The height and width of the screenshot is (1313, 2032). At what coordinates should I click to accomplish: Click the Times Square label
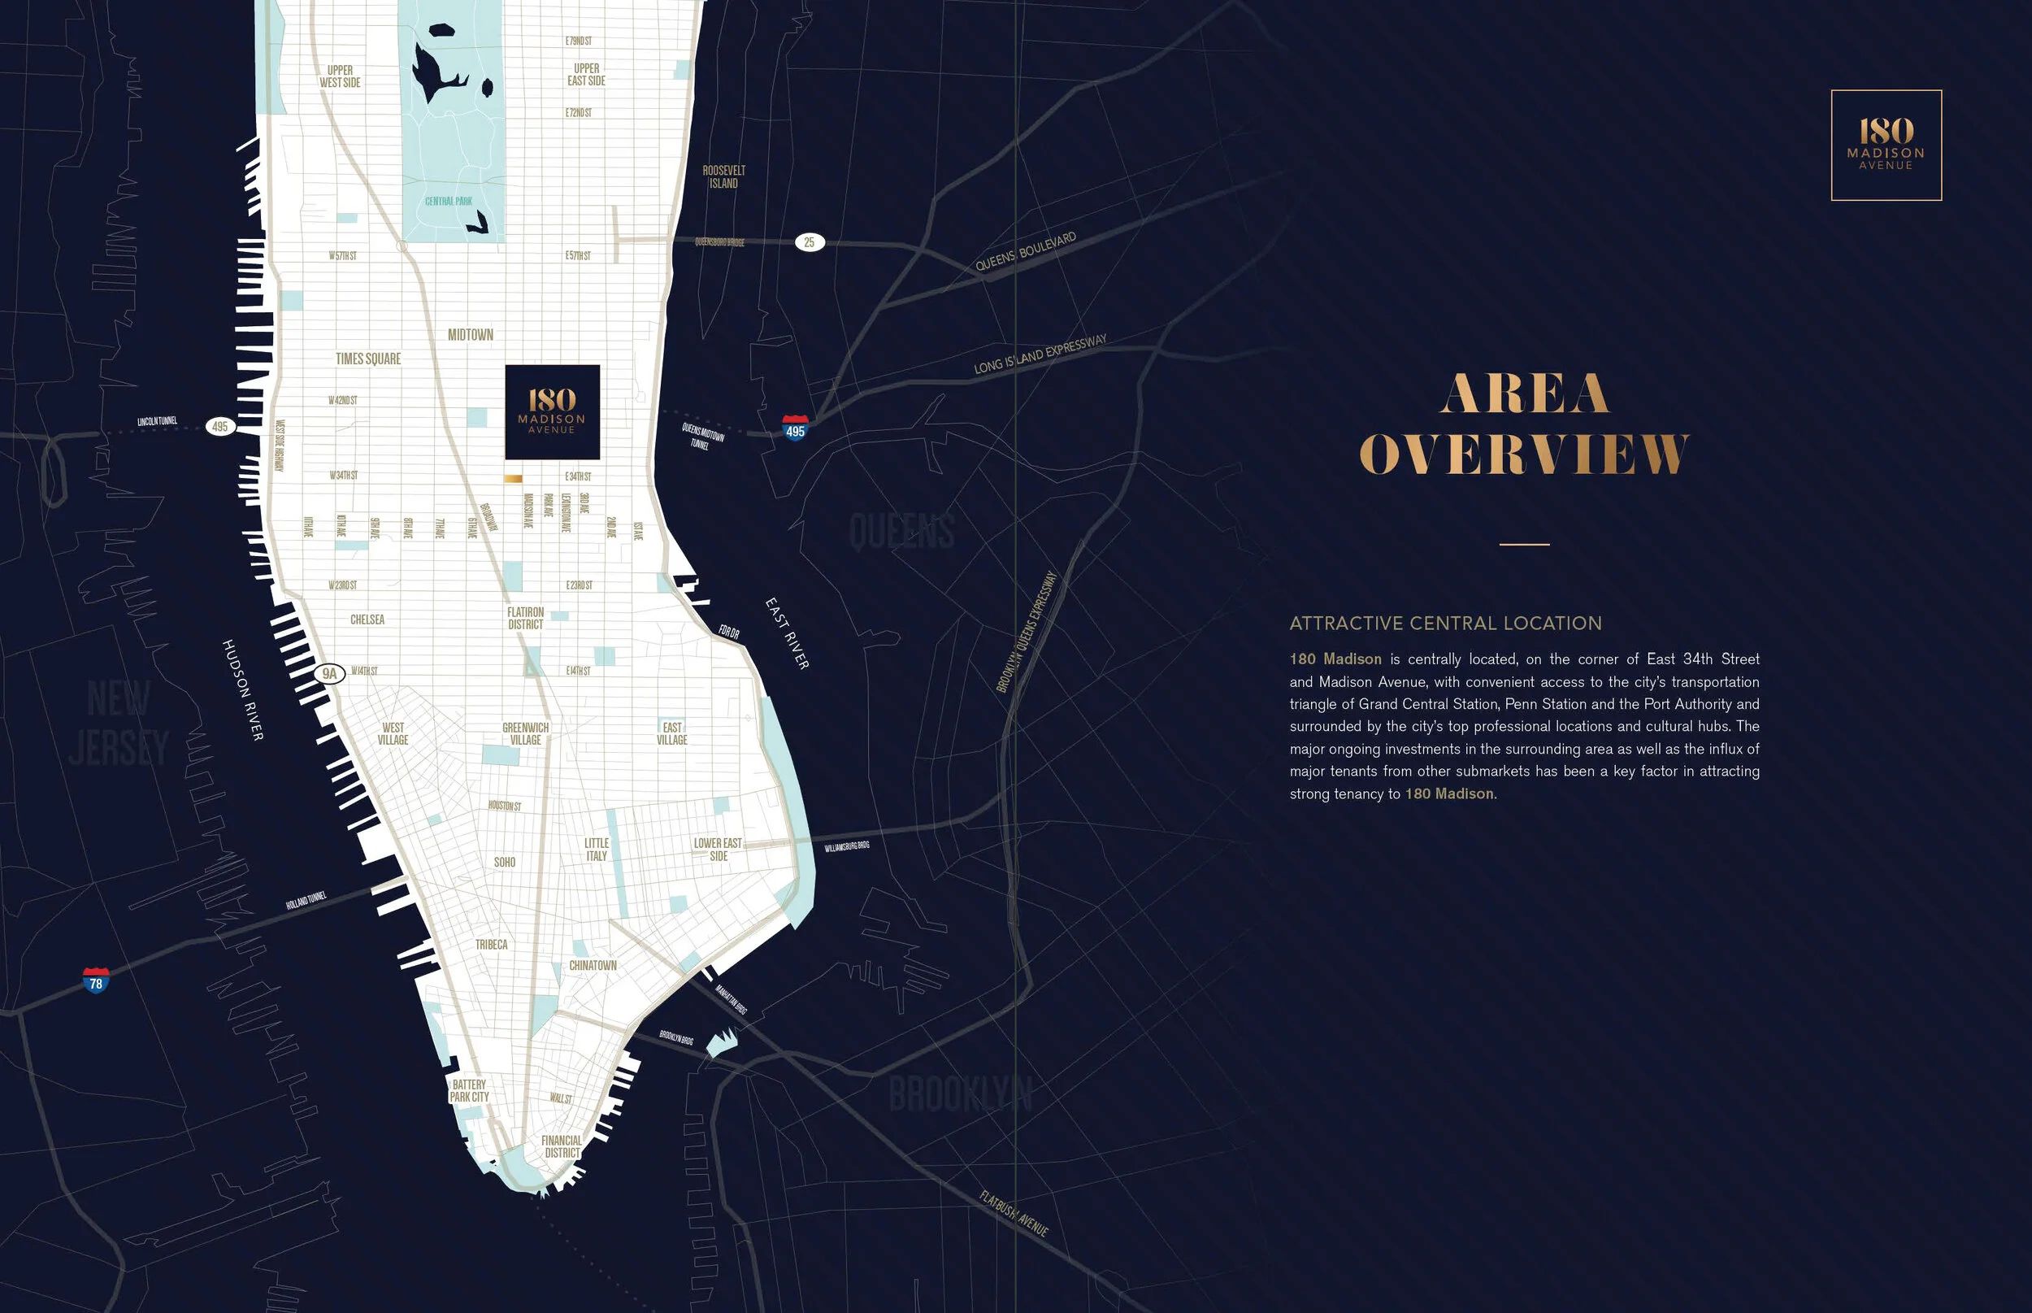pyautogui.click(x=368, y=359)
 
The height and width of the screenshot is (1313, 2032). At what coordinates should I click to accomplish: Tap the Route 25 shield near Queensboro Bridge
pyautogui.click(x=809, y=242)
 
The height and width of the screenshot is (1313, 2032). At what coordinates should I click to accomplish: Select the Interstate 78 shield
pyautogui.click(x=96, y=980)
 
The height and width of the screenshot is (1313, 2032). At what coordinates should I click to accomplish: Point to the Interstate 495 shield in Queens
pyautogui.click(x=795, y=427)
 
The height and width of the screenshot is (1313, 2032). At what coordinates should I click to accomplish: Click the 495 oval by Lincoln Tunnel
pyautogui.click(x=221, y=426)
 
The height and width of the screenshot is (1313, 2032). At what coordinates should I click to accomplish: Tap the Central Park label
pyautogui.click(x=449, y=201)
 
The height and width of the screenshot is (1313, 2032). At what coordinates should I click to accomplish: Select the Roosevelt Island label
pyautogui.click(x=723, y=177)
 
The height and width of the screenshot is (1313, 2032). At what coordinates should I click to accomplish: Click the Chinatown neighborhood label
pyautogui.click(x=593, y=965)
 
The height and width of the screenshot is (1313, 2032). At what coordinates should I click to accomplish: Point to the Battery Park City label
pyautogui.click(x=469, y=1091)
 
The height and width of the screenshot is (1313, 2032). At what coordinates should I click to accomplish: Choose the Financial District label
pyautogui.click(x=562, y=1147)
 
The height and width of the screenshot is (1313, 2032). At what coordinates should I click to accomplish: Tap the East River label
pyautogui.click(x=787, y=633)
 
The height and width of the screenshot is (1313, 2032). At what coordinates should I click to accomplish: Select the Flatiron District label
pyautogui.click(x=525, y=618)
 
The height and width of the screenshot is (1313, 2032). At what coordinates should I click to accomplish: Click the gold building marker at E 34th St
pyautogui.click(x=513, y=479)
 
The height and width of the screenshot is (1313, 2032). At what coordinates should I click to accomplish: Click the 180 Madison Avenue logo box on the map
pyautogui.click(x=553, y=412)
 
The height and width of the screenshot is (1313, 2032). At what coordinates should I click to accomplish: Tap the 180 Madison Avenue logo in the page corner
pyautogui.click(x=1886, y=145)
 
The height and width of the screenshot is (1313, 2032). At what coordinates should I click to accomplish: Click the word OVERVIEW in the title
pyautogui.click(x=1524, y=454)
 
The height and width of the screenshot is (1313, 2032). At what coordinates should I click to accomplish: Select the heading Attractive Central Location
pyautogui.click(x=1446, y=624)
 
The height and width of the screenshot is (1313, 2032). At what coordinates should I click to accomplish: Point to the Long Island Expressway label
pyautogui.click(x=1040, y=354)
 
